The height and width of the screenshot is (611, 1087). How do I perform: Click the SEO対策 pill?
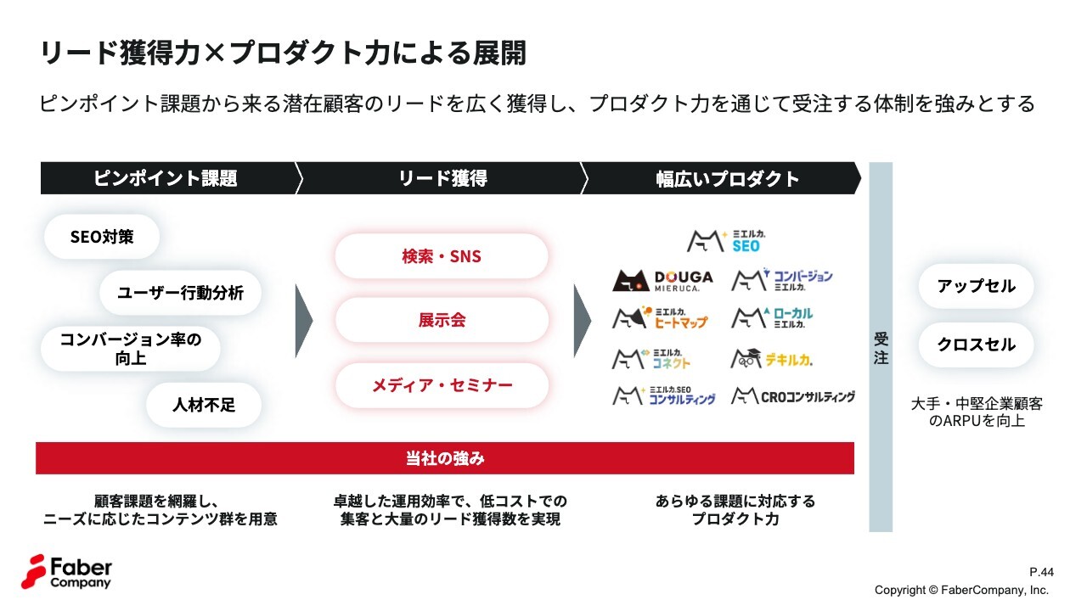click(x=102, y=237)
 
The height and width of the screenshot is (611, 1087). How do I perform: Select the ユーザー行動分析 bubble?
click(x=180, y=293)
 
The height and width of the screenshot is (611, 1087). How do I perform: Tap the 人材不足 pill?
click(x=204, y=405)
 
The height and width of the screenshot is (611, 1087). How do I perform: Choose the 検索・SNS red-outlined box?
click(x=442, y=256)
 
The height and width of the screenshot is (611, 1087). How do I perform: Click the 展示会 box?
click(x=442, y=320)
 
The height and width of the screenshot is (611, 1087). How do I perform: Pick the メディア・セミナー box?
click(x=442, y=385)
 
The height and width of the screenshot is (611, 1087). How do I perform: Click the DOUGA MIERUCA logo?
click(x=663, y=280)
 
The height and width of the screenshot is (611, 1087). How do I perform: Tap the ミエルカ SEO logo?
click(x=726, y=240)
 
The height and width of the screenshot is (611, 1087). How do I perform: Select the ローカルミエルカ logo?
click(x=772, y=317)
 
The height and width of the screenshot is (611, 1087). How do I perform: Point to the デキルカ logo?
click(x=772, y=359)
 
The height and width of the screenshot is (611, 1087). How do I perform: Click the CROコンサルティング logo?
click(x=793, y=396)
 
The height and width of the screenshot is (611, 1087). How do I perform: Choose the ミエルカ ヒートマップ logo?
click(x=660, y=317)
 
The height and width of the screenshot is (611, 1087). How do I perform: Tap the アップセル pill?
click(x=976, y=286)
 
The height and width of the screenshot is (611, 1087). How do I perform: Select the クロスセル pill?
click(x=976, y=345)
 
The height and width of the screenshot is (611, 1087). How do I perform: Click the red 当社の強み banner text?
click(x=445, y=458)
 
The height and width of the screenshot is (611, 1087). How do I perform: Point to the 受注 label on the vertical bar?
click(x=881, y=348)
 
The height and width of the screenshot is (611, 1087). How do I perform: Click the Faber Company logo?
click(x=66, y=572)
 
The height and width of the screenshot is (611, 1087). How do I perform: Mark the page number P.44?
click(x=1041, y=572)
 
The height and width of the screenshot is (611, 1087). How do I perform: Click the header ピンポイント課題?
click(x=166, y=178)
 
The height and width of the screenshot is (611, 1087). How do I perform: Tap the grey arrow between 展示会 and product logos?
click(x=582, y=321)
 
